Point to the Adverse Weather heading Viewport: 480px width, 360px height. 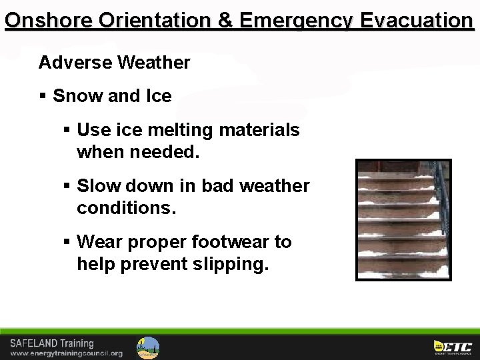pos(115,63)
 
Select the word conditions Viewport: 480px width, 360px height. pos(126,208)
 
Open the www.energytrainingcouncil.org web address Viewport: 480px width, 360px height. pos(66,353)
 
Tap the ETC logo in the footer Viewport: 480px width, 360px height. pos(453,347)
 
